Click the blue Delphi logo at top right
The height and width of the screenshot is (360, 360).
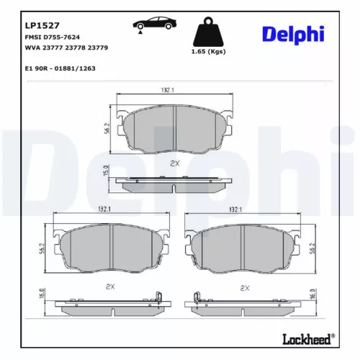[x=293, y=34]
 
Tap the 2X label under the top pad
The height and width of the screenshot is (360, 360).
[x=174, y=164]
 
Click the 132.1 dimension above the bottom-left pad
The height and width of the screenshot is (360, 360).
[x=103, y=210]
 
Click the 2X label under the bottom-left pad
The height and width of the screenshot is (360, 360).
[x=110, y=287]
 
